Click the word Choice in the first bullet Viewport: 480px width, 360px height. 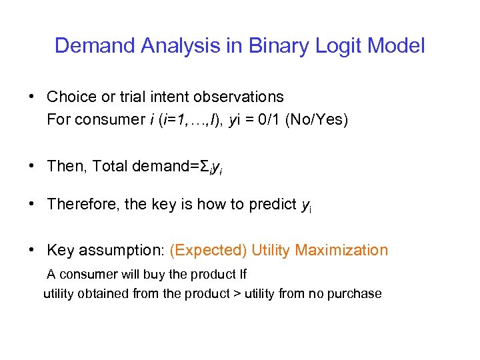(x=70, y=97)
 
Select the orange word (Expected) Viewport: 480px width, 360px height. (x=208, y=250)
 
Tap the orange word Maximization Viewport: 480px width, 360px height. (x=341, y=250)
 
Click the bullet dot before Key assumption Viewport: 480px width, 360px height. (x=32, y=250)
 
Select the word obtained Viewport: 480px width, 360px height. (x=105, y=293)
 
